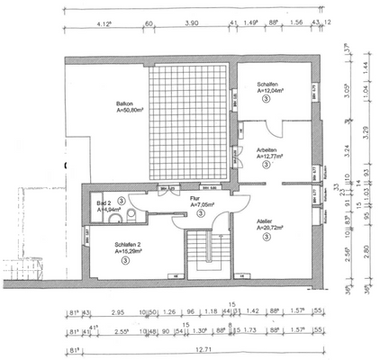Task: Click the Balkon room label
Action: pos(124,105)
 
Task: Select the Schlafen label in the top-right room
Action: pos(268,83)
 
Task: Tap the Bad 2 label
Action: pos(104,205)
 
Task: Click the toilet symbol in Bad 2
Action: pos(131,214)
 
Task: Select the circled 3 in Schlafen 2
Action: pos(126,260)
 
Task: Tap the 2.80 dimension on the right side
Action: pos(366,250)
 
